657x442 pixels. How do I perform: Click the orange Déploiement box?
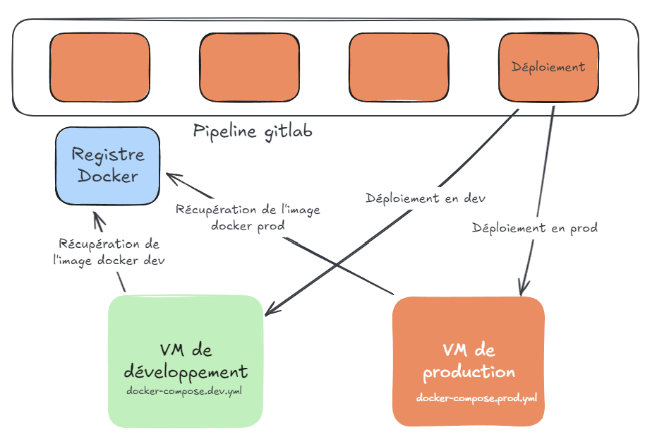(548, 67)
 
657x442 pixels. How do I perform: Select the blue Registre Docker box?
(107, 166)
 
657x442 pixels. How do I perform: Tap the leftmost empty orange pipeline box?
(100, 67)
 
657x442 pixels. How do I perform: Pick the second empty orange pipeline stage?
(251, 67)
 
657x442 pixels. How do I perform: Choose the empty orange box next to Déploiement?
(399, 67)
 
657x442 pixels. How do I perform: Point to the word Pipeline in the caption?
(224, 132)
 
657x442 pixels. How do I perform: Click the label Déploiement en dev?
(426, 198)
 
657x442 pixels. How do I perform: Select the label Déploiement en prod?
(535, 228)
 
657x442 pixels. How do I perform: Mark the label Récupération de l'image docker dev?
(108, 251)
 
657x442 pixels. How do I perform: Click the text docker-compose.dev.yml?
(183, 390)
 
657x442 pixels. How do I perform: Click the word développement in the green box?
(186, 371)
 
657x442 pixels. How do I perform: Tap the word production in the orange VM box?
(469, 371)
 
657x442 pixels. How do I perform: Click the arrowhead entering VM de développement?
(269, 312)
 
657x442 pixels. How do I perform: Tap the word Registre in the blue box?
(107, 155)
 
